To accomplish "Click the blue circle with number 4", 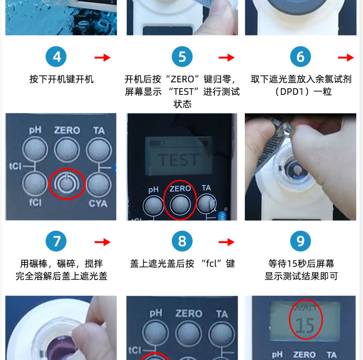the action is click(x=56, y=57).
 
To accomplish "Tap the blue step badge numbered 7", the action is click(x=56, y=241).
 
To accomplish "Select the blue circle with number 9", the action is click(x=301, y=241).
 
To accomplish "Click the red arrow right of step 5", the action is click(x=227, y=58).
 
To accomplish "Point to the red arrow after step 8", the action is click(x=227, y=242).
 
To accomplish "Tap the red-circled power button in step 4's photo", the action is click(x=67, y=184).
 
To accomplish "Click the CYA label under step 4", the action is click(x=98, y=204).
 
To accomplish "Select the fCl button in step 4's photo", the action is click(x=35, y=184).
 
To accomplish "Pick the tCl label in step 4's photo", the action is click(x=15, y=166).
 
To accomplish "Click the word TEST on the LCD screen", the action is click(x=178, y=160).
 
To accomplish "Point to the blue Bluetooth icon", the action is click(x=222, y=216).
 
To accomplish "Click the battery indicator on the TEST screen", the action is click(x=157, y=143).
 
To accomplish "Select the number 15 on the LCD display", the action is click(x=305, y=326).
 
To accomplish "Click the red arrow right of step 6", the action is click(x=346, y=58).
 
